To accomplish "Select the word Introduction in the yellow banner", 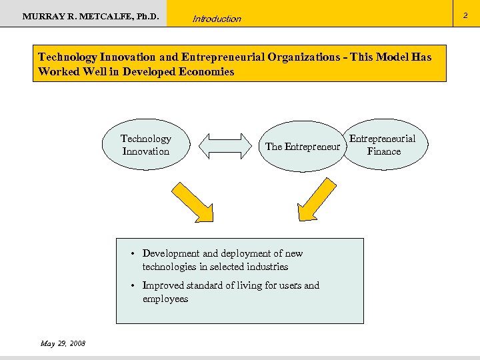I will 217,19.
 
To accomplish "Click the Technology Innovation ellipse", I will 146,145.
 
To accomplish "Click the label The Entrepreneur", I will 303,147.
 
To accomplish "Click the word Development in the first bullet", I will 171,253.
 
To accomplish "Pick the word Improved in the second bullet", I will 163,285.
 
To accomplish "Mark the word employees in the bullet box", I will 165,299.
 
